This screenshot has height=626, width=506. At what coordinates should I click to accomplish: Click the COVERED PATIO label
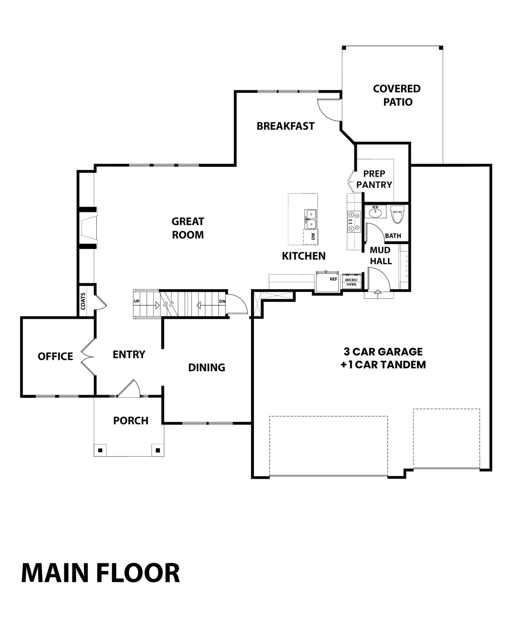coord(397,95)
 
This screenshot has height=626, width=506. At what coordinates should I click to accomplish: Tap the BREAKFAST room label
coord(285,126)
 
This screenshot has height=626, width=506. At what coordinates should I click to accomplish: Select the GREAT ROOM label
coord(188,228)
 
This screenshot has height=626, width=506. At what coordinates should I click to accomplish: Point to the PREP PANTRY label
coord(374,179)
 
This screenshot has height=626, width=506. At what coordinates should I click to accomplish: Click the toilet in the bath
coord(398,214)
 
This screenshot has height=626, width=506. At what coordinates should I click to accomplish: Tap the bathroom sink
coord(375,212)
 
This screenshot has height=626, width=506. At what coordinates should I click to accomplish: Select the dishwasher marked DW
coord(311,237)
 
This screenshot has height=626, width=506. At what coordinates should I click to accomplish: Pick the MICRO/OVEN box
coord(351,282)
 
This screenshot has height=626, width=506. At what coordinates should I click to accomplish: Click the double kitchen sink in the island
coord(311,219)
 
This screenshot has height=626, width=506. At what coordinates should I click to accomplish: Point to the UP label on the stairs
coord(137,301)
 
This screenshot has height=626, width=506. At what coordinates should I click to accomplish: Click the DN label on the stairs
coord(222,301)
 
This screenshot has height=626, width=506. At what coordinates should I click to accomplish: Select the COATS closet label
coord(83,301)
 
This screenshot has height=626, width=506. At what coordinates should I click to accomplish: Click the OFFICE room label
coord(55,356)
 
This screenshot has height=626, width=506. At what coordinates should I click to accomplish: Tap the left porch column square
coord(100,450)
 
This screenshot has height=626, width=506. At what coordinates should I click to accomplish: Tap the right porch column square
coord(158,450)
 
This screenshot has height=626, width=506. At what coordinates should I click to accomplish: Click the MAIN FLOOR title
coord(100,573)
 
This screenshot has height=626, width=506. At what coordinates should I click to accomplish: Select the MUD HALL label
coord(381,255)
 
